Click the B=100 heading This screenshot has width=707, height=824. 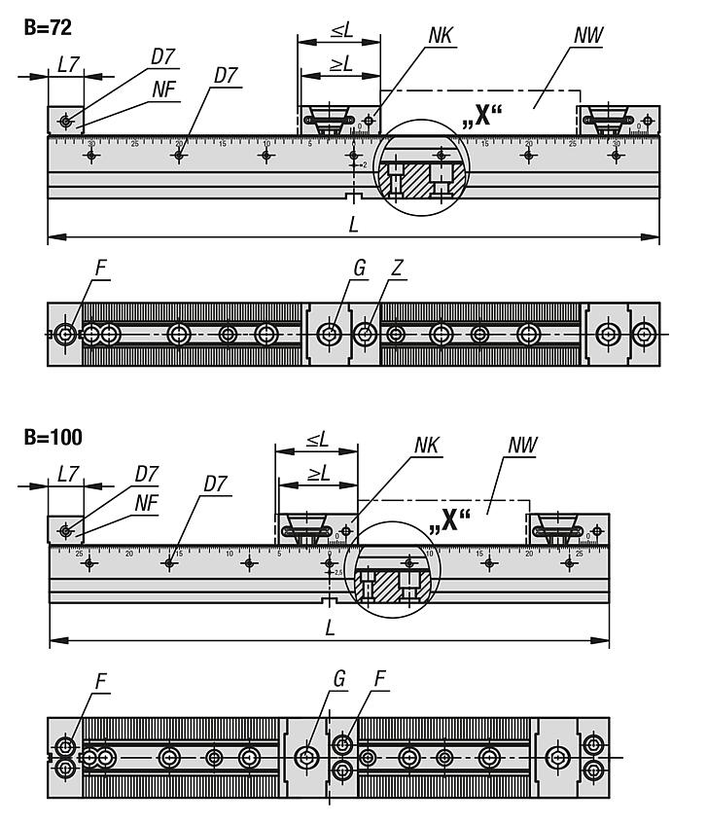pyautogui.click(x=53, y=437)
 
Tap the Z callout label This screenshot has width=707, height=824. pyautogui.click(x=399, y=267)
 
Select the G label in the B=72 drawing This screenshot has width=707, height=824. pyautogui.click(x=360, y=267)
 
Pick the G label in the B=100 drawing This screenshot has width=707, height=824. pyautogui.click(x=339, y=679)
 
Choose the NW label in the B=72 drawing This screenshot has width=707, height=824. pyautogui.click(x=588, y=36)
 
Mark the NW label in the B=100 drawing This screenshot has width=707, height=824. pyautogui.click(x=522, y=446)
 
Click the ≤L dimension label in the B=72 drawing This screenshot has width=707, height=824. pyautogui.click(x=341, y=30)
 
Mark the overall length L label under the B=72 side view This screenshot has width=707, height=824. pyautogui.click(x=353, y=224)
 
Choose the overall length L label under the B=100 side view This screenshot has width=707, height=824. pyautogui.click(x=331, y=629)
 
